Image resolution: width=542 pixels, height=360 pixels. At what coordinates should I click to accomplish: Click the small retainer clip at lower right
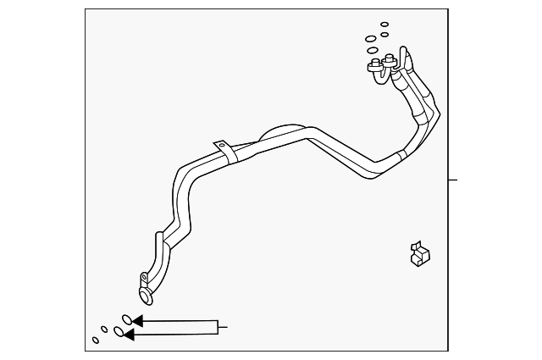click(419, 254)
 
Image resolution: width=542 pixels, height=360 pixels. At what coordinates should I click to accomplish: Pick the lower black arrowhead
click(129, 335)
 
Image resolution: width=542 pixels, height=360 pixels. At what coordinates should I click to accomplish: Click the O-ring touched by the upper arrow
click(125, 319)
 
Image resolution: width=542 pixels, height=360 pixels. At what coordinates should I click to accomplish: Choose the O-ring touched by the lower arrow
click(119, 332)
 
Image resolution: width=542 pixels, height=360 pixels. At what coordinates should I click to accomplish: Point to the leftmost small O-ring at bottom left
click(95, 341)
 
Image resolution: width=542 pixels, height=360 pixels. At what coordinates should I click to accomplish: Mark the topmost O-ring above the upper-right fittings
click(384, 25)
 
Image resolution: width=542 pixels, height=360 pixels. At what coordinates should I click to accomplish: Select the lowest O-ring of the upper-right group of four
click(373, 50)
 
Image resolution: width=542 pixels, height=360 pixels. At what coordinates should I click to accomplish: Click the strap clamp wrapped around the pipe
click(224, 152)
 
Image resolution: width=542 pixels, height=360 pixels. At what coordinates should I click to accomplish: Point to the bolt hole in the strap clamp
click(223, 147)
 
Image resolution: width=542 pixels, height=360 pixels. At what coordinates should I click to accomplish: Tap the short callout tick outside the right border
click(453, 180)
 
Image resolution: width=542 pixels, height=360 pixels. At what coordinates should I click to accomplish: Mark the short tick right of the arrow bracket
click(224, 324)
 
